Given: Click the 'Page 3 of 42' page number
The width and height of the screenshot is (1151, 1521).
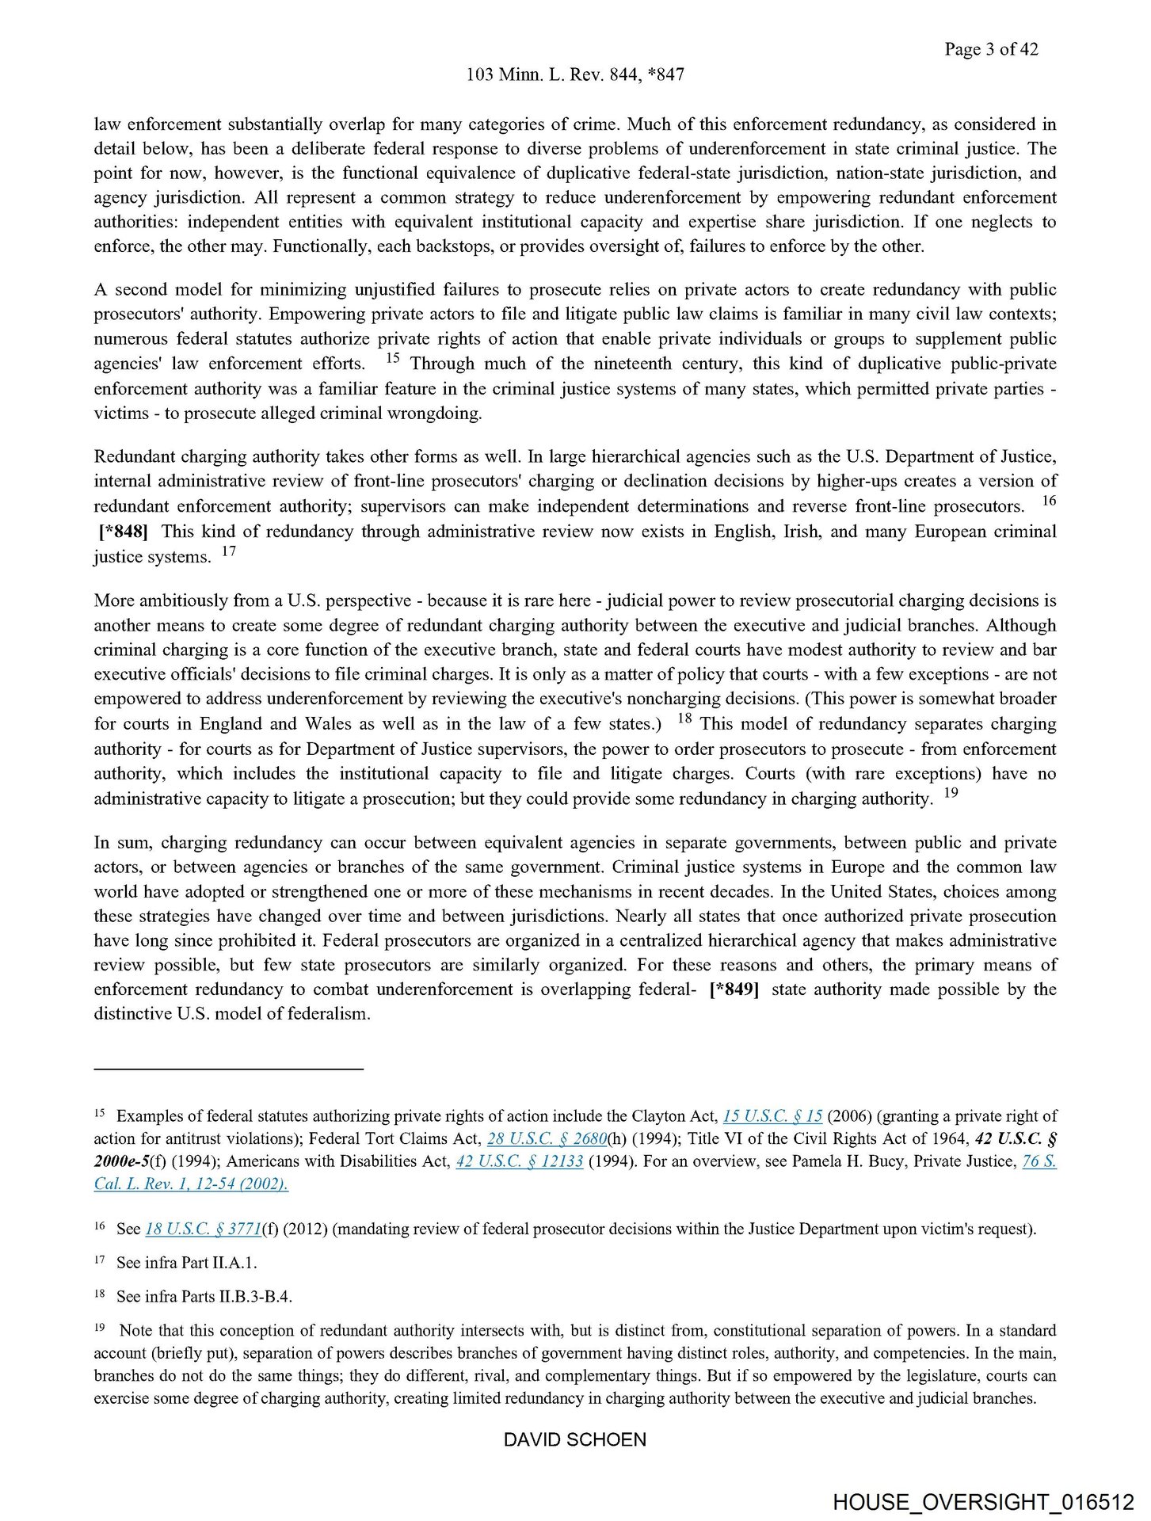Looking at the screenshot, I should pos(990,49).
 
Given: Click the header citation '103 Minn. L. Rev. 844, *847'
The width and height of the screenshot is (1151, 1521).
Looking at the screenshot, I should pos(575,74).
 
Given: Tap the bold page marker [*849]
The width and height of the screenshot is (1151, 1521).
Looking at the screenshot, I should pos(734,989).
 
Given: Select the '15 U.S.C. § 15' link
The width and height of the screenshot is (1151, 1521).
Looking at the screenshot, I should pos(772,1116).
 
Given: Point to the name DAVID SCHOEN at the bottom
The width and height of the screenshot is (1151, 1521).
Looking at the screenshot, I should pos(575,1439).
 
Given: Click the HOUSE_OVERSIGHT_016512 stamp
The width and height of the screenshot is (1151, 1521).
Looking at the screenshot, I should pos(983,1503).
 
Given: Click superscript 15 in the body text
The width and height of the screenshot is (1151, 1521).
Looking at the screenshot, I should pos(393,358).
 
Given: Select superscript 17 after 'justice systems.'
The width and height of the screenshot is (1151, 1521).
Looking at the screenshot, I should pos(228,551).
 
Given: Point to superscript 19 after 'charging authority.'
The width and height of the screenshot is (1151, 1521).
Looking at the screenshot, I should pos(951,792).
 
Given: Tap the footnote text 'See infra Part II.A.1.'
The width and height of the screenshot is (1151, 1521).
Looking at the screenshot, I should pos(187,1263).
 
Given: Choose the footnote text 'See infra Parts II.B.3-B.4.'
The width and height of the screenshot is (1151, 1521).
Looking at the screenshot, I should pos(204,1297).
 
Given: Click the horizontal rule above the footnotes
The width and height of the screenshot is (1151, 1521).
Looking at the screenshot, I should pos(228,1069).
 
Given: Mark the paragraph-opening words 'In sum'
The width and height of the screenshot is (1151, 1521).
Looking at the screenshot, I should pos(122,842).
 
